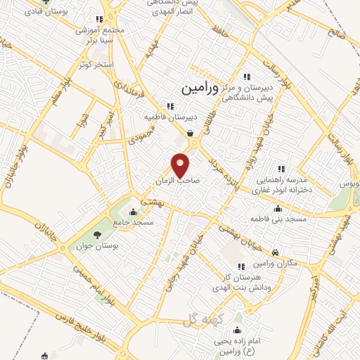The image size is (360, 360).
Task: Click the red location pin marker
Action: (181, 165)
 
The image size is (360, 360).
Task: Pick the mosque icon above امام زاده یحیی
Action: (237, 330)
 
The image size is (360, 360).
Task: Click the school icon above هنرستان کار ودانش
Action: (241, 266)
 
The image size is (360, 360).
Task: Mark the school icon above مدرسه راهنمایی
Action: (281, 169)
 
